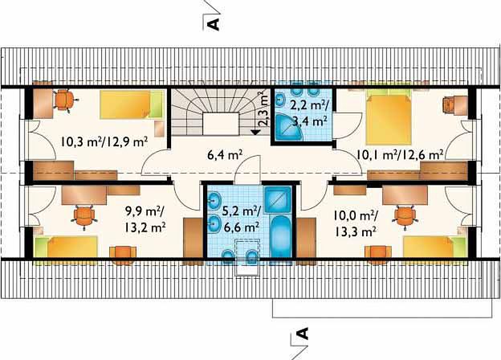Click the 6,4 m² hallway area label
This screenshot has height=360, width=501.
click(x=226, y=156)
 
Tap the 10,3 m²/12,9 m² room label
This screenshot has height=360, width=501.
click(x=104, y=141)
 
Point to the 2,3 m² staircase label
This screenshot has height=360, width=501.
click(x=263, y=109)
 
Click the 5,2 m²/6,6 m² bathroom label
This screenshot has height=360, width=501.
click(x=241, y=219)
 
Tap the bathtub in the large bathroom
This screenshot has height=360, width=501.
click(x=280, y=236)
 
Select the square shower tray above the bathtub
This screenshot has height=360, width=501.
click(x=278, y=199)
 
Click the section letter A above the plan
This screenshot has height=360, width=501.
click(x=214, y=24)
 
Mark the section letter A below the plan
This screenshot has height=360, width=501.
click(x=303, y=333)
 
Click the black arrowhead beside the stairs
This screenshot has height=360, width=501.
click(x=255, y=132)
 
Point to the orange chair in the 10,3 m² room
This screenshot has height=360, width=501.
click(x=65, y=100)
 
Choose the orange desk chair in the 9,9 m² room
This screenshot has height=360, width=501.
click(x=84, y=216)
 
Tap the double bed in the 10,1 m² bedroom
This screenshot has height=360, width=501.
click(x=389, y=117)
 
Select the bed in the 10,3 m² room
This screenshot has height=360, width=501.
click(x=131, y=104)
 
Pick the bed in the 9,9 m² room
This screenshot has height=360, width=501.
click(x=66, y=247)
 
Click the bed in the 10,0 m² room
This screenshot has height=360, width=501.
click(x=435, y=247)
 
